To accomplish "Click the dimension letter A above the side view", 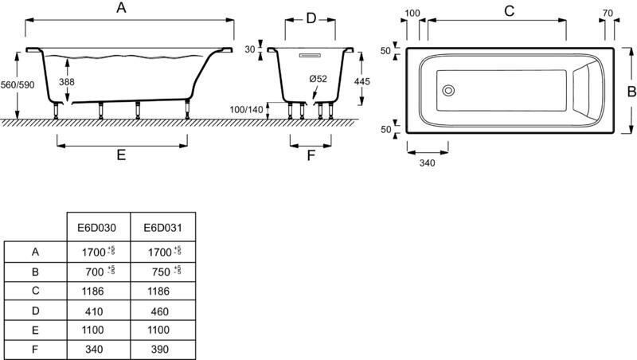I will [121, 9].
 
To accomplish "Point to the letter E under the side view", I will [121, 156].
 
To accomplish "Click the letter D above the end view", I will [311, 18].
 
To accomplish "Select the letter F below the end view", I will [311, 155].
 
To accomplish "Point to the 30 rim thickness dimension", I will [250, 50].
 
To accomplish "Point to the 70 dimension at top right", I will [608, 13].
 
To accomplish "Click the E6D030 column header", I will [96, 227].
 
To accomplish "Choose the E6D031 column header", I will [162, 227].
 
